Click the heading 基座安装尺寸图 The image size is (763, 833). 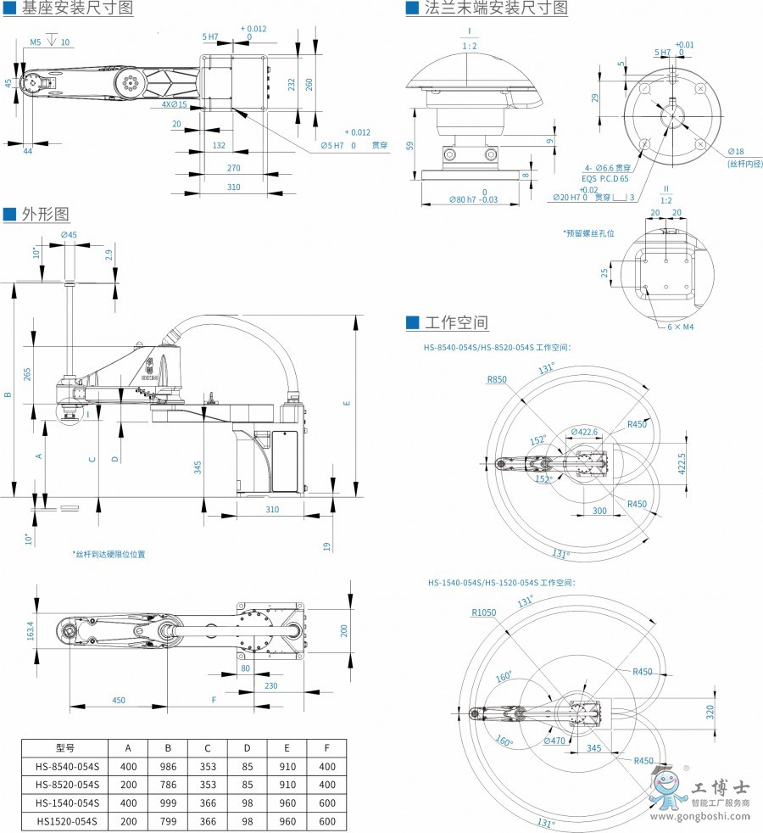coord(78,9)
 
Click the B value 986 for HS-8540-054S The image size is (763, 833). coord(168,766)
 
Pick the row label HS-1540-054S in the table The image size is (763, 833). coord(67,802)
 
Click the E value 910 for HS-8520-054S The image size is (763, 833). coord(287,785)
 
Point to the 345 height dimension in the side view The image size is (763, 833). coord(197,467)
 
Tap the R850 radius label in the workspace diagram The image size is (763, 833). coord(497,379)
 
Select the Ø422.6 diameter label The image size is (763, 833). coord(585,432)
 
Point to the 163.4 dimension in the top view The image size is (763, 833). coord(30,631)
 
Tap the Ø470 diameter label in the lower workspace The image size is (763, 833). coord(554,741)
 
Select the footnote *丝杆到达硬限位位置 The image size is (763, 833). coord(109,554)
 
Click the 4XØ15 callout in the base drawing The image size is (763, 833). coord(174,105)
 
